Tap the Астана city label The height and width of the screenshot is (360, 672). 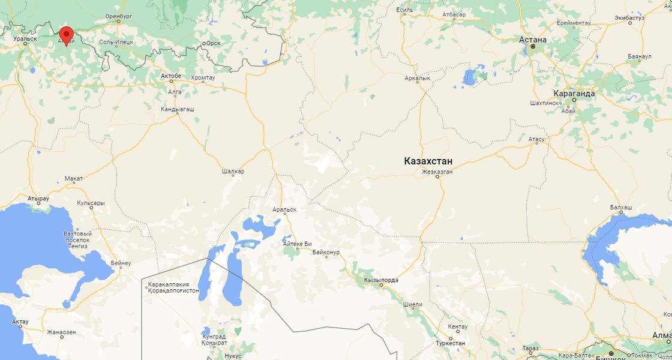pos(533,40)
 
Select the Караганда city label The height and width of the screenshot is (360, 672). pos(574,94)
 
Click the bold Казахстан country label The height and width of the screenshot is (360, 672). pos(428,161)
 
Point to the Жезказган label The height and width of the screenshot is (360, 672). pos(437,172)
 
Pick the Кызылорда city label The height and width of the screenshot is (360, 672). pos(381,280)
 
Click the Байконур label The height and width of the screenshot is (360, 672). pos(326,253)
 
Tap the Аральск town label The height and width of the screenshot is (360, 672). pos(284,209)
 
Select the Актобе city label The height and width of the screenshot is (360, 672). pos(171,76)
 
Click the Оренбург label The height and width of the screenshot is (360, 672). pos(118,16)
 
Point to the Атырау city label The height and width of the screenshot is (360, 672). pos(38,197)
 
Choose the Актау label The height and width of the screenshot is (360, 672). pos(20,322)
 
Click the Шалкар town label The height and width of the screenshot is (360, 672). pos(233,172)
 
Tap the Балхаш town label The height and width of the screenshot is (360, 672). pos(621,207)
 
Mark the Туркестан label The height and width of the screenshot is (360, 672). pos(450,343)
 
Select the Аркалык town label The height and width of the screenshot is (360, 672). pos(418,78)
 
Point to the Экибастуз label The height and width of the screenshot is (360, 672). pos(629,18)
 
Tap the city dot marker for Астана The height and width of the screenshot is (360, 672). pos(533,46)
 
